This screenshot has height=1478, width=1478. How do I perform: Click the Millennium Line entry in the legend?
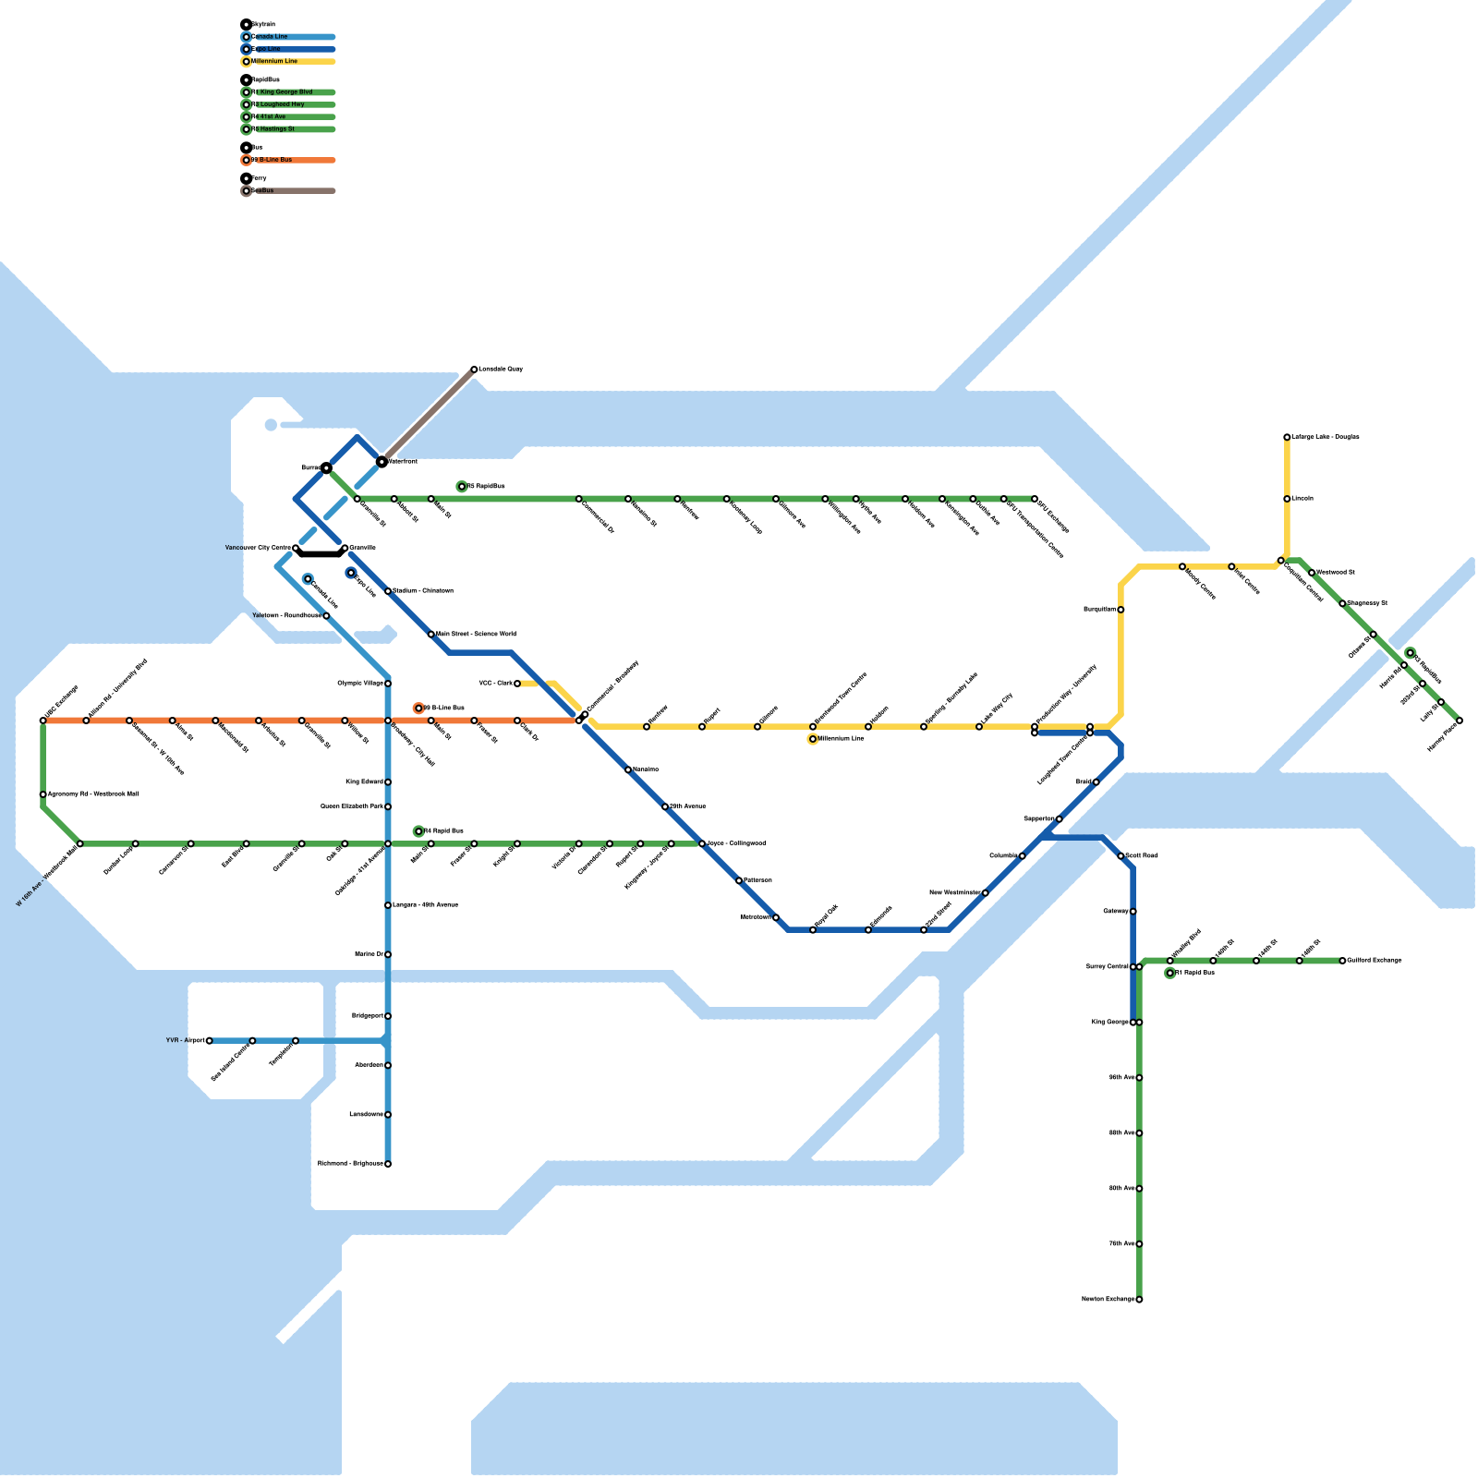[x=277, y=62]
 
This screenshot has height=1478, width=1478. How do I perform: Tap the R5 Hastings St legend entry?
[x=277, y=129]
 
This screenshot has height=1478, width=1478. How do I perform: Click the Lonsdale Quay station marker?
[x=474, y=369]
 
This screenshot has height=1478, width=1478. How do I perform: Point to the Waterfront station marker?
[x=382, y=461]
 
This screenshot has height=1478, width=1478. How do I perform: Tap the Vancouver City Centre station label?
[x=258, y=548]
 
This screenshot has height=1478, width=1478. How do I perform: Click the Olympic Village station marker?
[x=388, y=684]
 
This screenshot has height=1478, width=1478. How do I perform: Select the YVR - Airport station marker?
[x=210, y=1041]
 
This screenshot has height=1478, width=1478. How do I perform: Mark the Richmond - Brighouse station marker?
[x=388, y=1164]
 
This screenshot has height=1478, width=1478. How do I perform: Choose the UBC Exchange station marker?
[x=43, y=721]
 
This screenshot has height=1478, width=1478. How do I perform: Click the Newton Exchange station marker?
[x=1139, y=1300]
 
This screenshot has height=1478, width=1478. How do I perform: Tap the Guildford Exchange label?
[x=1374, y=961]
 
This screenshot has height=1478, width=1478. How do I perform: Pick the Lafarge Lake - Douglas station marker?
[x=1287, y=437]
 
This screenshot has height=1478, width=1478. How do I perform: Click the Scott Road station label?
[x=1142, y=856]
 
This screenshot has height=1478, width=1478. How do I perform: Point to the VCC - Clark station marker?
[x=517, y=684]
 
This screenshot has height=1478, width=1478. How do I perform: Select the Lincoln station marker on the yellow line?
[x=1287, y=499]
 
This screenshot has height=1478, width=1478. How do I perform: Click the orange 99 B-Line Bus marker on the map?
[x=418, y=709]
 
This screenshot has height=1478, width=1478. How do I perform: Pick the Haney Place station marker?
[x=1460, y=721]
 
